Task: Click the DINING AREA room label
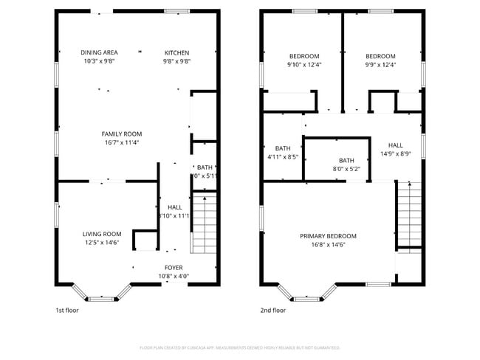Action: coord(99,52)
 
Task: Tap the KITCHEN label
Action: coord(176,52)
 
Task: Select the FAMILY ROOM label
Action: coord(122,134)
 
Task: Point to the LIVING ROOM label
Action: coord(102,234)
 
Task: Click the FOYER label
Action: coord(174,267)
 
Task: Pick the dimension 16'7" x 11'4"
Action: coord(122,142)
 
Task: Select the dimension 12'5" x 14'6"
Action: coord(102,242)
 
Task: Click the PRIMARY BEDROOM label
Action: coord(328,236)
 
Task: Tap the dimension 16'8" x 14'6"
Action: coord(328,244)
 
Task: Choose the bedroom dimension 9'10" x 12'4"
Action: coord(304,64)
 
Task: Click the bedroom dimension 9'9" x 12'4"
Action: coord(381,64)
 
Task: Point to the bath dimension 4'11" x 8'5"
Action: coord(283,156)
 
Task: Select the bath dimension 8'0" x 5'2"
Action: coord(346,169)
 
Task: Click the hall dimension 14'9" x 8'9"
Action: coord(396,154)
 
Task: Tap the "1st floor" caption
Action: coord(67,311)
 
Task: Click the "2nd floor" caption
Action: coord(272,311)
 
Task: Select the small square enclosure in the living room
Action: coord(143,241)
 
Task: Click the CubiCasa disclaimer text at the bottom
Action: coord(240,347)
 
